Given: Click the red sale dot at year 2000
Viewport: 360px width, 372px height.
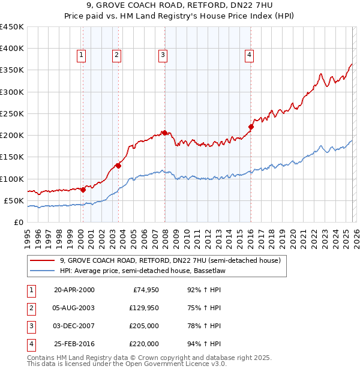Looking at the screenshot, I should coord(83,190).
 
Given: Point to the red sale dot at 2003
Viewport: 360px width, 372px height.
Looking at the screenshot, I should coord(118,166).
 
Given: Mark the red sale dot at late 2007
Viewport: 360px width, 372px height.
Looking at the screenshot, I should coord(164,133).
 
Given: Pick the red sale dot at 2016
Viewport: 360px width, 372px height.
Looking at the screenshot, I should coord(251,127).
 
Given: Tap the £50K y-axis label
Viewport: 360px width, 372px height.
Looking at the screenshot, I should coord(14,200).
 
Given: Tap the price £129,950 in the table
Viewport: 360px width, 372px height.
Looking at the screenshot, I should coord(143,307).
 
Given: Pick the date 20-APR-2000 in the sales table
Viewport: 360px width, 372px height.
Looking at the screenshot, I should coord(74,289).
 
